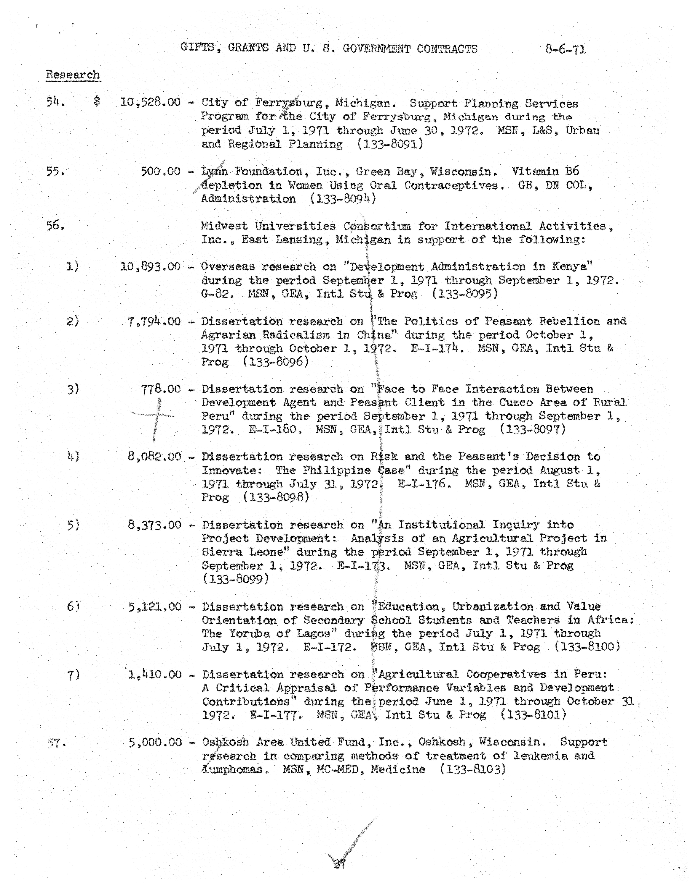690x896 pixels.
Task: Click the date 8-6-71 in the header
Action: click(565, 50)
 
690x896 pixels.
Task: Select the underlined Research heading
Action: click(73, 75)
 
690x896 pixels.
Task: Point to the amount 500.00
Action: click(160, 171)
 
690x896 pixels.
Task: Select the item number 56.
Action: click(55, 226)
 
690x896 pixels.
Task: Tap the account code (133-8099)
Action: click(236, 579)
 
